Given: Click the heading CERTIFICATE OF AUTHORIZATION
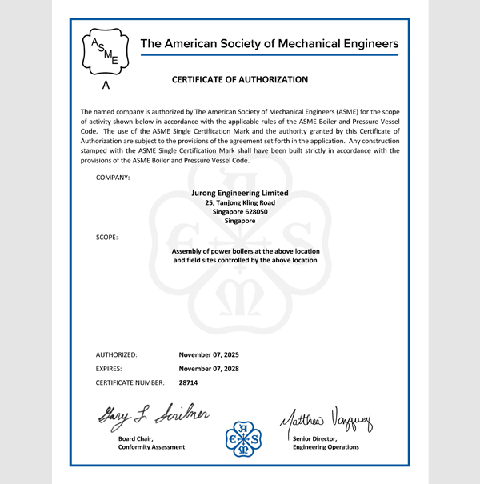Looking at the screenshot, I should pos(240,80).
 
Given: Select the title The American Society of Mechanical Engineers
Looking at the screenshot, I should pos(269,43).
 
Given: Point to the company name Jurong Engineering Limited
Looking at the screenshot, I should pos(240,193).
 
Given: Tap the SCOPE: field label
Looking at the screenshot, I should pos(107,238).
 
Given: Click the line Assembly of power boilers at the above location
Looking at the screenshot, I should pos(246,251).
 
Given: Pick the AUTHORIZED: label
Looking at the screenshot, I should pos(117,354).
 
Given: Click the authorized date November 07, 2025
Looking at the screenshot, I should pos(209,354).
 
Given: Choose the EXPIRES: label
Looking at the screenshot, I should pos(112,369).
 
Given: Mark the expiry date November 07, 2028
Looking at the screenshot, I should pos(209,369).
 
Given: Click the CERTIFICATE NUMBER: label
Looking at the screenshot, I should pos(130,383).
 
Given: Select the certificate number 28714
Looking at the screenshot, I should pos(189,383).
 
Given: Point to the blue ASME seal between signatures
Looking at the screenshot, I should pos(243,440).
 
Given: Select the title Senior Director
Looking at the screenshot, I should pos(316,438).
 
